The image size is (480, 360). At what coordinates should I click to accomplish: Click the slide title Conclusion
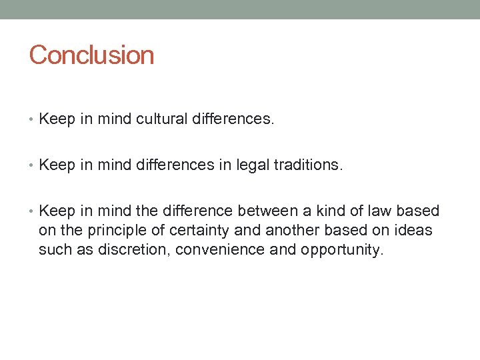pos(91,55)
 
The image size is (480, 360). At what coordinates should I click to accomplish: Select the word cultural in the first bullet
pos(163,119)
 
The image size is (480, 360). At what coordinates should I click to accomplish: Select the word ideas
pos(413,231)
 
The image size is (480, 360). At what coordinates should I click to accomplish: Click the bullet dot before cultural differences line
pos(32,120)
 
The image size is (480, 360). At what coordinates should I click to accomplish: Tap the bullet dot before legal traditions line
pos(32,166)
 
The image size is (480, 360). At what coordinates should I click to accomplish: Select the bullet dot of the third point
pos(32,212)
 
